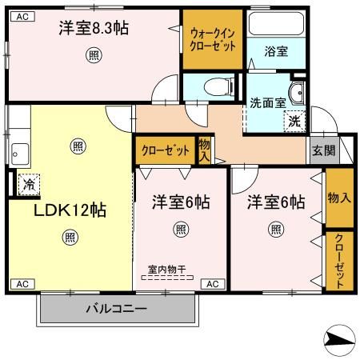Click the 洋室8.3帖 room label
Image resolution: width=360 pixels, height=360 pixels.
coord(94,28)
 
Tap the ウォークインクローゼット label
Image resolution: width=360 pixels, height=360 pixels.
coord(211,38)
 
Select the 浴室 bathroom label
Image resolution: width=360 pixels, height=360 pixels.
coord(277,50)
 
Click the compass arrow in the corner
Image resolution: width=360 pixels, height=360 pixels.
coord(341,339)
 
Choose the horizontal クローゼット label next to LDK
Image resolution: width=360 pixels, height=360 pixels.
coord(166,150)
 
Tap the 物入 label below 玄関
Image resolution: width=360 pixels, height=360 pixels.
coord(339,197)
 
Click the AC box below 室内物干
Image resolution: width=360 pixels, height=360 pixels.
coord(213,284)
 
